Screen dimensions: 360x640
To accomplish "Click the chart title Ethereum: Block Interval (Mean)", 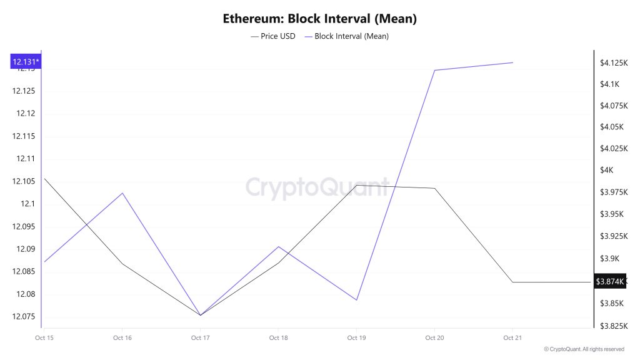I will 319,19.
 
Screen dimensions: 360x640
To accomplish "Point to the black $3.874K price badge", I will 609,282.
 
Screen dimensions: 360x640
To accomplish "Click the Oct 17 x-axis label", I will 200,338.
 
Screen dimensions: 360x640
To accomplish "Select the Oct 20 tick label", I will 434,338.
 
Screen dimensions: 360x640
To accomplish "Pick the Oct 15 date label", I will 44,338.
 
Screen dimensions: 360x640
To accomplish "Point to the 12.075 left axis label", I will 24,316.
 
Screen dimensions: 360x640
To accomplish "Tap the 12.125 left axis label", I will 24,91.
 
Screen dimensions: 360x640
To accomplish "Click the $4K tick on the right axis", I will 606,170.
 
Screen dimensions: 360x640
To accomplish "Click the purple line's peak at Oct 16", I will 122,193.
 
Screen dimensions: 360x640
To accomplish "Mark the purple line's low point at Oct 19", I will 356,300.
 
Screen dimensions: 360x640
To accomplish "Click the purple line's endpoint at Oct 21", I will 512,62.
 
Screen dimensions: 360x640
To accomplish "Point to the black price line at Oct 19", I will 356,185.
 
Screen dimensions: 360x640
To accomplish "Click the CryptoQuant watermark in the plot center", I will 317,187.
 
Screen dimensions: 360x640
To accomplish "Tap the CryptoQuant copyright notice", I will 584,349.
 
